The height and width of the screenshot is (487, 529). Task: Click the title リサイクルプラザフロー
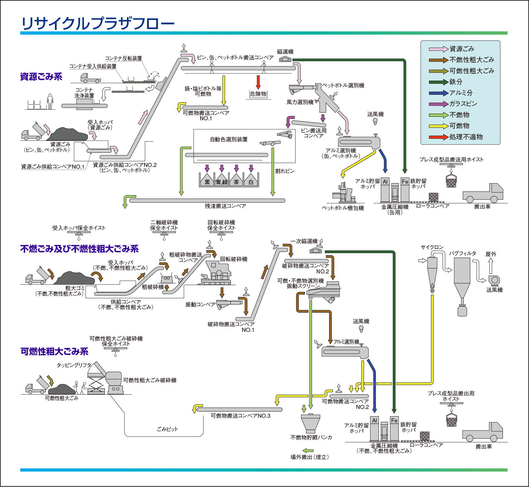click(x=98, y=23)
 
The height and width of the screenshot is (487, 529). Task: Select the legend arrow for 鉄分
click(x=439, y=82)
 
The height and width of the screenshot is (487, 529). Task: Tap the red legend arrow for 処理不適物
click(x=439, y=137)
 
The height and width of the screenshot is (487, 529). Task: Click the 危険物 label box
click(x=258, y=94)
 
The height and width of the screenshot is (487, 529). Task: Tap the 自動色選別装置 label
click(x=229, y=139)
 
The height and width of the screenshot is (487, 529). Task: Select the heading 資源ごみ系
click(x=41, y=77)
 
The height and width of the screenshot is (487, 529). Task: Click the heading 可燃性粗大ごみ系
click(x=54, y=351)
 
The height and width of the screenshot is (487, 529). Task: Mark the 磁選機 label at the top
click(x=285, y=52)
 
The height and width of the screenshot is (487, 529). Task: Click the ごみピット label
click(x=167, y=429)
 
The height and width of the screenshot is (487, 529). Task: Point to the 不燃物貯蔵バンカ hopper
click(x=310, y=423)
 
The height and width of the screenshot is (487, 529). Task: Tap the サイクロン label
click(x=432, y=247)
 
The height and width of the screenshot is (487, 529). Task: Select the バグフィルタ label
click(x=462, y=253)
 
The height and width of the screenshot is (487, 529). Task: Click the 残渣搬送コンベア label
click(x=225, y=206)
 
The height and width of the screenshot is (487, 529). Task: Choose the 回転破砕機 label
click(x=234, y=259)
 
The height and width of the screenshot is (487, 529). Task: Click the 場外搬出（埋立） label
click(x=310, y=457)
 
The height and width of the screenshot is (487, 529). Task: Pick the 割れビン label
click(x=285, y=171)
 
